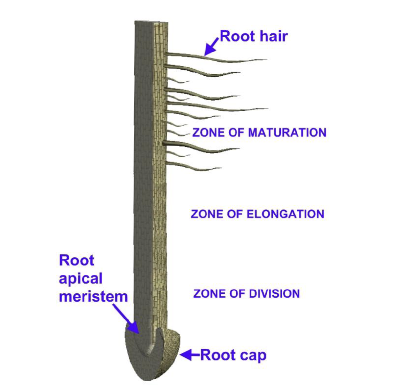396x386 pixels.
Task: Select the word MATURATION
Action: point(287,133)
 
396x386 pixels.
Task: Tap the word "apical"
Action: point(81,279)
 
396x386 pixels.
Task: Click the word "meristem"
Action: point(93,297)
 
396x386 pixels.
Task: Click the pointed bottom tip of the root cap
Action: point(141,379)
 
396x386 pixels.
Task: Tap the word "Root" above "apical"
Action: point(76,261)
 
